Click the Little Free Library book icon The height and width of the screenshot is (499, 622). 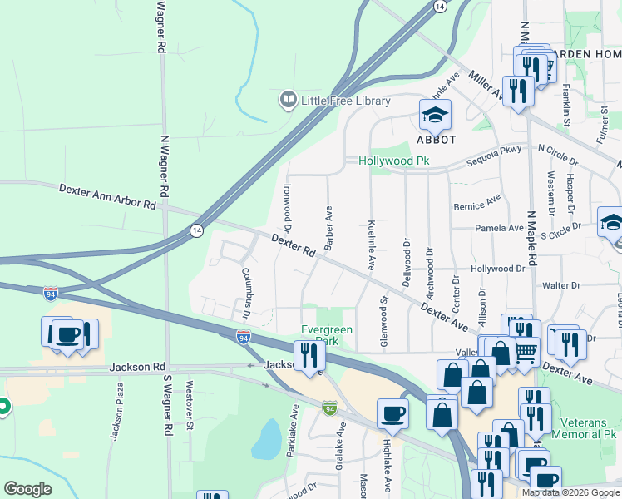point(288,101)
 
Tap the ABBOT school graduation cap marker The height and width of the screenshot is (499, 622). point(435,116)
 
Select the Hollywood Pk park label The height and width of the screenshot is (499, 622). point(392,161)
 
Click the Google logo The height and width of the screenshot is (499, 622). point(27,489)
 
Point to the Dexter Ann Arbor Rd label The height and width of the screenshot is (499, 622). point(107,196)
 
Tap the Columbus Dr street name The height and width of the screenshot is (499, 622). point(246,293)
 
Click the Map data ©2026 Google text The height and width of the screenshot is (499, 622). point(570,492)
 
